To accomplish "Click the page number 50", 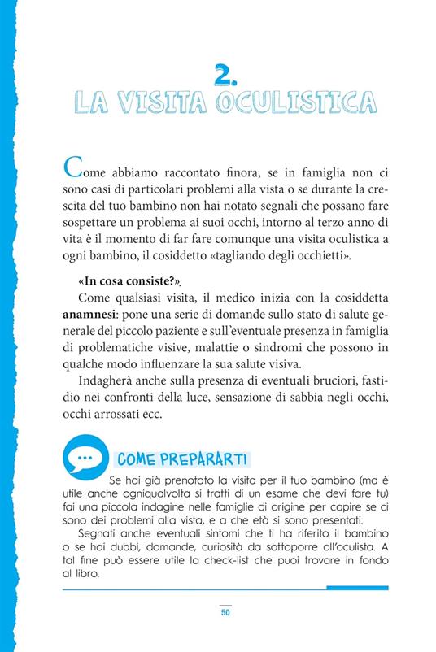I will point(225,612).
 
